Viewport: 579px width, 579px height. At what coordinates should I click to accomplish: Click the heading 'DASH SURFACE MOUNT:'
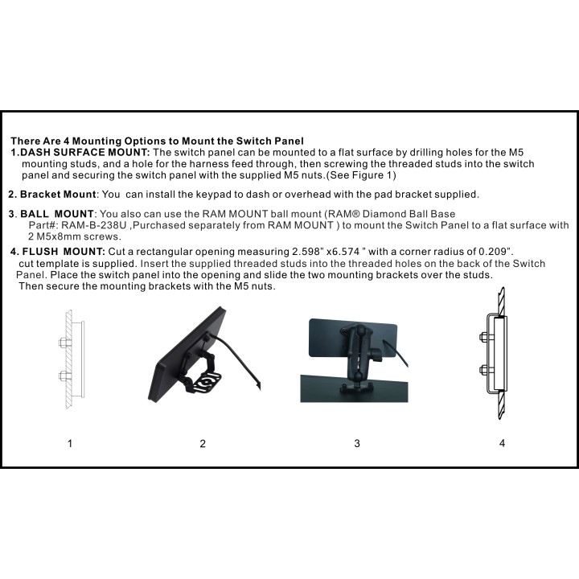coord(85,152)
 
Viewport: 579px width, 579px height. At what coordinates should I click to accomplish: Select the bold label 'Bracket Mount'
coord(58,195)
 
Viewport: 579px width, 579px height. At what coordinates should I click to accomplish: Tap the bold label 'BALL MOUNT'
coord(57,214)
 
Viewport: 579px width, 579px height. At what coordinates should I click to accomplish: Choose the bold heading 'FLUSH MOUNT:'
coord(64,252)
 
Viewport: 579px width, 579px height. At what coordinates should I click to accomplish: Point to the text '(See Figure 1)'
coord(361,175)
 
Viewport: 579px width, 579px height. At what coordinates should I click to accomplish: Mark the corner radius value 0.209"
coord(495,252)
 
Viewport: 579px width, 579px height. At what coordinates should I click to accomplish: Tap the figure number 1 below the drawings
coord(70,443)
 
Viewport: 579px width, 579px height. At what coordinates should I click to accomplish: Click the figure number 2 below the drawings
coord(203,443)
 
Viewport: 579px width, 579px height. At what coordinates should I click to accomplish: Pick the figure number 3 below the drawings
coord(357,443)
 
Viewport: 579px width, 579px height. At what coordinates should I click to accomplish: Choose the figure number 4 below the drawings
coord(502,443)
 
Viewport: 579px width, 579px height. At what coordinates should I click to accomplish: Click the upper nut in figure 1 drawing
coord(64,343)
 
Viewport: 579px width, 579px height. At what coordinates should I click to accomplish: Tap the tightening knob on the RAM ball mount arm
coord(376,355)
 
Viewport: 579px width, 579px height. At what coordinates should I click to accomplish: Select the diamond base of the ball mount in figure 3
coord(357,388)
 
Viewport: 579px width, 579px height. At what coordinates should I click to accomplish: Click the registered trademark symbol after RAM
coord(356,214)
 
